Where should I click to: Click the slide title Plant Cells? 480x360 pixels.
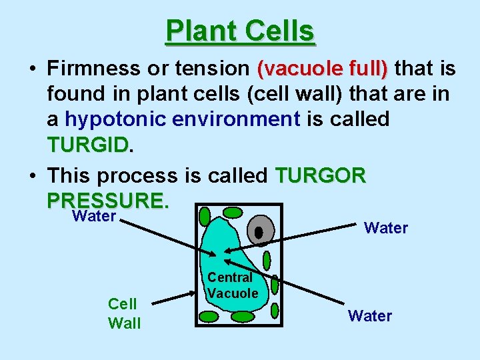(240, 31)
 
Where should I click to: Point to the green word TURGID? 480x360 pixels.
(87, 145)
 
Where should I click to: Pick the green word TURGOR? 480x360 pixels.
(321, 175)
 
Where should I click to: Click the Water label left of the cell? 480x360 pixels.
(94, 216)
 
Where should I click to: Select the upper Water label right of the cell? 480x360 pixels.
(386, 228)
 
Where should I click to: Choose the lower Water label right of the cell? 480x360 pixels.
(370, 315)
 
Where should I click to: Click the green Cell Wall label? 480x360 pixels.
(124, 313)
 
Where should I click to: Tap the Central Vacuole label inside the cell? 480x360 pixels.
(231, 285)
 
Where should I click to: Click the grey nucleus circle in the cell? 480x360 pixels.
(260, 231)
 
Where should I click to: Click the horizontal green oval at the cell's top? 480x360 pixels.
(232, 213)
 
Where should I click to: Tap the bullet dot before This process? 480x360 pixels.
(32, 176)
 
